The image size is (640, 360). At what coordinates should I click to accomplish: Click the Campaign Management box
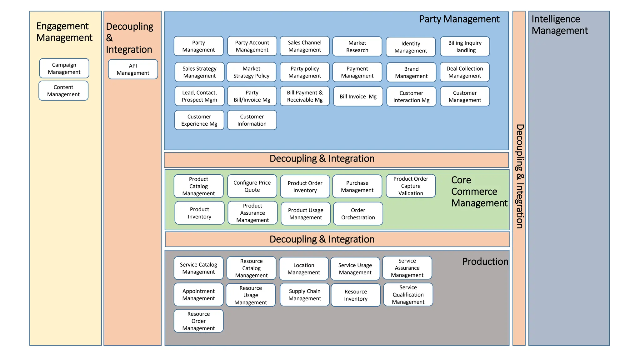64,68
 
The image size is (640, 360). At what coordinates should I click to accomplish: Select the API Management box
133,69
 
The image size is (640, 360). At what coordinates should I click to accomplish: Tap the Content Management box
63,91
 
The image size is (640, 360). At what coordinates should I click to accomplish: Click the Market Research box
357,47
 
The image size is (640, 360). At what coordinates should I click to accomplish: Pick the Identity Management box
411,47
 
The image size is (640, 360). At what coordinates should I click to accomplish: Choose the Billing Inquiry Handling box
465,47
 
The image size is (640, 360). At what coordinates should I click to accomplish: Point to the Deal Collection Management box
465,72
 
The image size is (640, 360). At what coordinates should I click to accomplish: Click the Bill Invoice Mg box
358,97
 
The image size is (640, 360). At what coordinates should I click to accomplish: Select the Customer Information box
252,120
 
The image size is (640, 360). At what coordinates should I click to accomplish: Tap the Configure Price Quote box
252,186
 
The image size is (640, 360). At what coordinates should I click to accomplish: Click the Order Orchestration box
358,214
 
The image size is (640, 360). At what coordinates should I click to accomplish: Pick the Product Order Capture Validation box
411,186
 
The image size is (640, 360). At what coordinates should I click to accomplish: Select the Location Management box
304,269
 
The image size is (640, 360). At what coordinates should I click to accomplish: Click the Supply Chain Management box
305,295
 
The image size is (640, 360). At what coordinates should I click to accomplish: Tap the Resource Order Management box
198,321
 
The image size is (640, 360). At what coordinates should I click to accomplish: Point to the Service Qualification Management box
408,295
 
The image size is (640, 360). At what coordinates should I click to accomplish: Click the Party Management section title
459,19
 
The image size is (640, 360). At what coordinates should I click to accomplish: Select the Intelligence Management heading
559,25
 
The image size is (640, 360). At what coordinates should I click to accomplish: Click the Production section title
485,262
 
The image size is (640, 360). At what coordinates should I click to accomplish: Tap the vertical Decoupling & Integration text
519,176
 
